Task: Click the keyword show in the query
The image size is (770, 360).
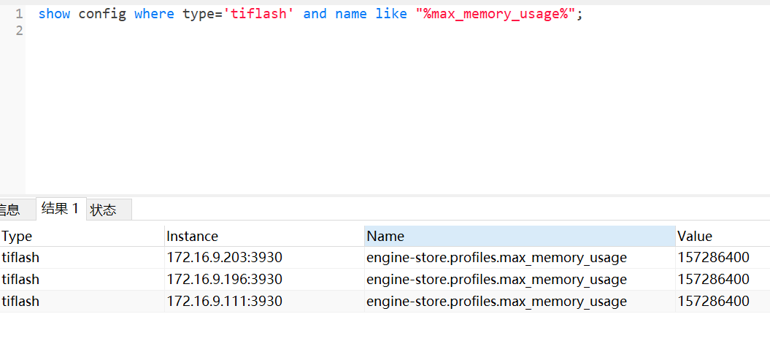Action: pos(54,14)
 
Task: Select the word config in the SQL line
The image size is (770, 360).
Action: pos(102,14)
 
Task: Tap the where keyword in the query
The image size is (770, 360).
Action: pos(154,14)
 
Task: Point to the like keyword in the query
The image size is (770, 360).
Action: pos(391,14)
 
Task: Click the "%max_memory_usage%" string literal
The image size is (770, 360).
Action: pos(496,14)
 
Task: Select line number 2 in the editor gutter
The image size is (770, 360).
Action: pos(18,31)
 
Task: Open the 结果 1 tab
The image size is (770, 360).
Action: pos(61,209)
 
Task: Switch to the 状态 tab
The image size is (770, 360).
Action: pos(104,210)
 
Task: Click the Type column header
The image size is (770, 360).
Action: pos(18,236)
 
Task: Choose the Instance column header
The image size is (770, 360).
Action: pos(193,236)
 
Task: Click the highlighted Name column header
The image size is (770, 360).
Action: pos(385,236)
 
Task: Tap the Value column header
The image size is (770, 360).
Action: pos(695,236)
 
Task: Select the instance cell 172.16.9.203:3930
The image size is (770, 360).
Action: pos(225,257)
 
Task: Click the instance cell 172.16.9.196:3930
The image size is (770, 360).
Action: pos(225,279)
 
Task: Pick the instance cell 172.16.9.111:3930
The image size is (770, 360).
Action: pos(225,301)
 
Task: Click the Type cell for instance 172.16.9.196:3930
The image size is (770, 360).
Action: pos(21,279)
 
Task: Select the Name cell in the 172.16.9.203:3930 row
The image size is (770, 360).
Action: pos(496,257)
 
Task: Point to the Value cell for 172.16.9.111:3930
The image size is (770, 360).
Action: pos(713,301)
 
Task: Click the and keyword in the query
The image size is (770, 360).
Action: pos(315,14)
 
